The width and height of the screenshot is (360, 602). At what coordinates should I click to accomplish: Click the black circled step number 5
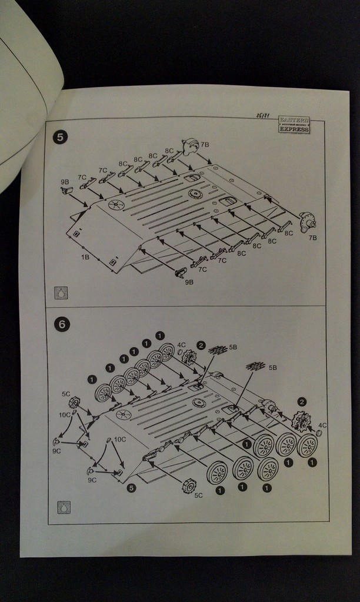(x=60, y=137)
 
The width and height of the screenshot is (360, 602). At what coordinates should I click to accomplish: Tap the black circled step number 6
(x=62, y=324)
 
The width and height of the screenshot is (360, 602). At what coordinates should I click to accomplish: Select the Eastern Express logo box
(x=294, y=125)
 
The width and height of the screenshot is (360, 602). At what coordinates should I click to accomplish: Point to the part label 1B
(x=85, y=257)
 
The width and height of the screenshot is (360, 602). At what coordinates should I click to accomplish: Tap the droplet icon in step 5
(x=61, y=292)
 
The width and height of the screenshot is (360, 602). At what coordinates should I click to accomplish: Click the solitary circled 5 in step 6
(x=131, y=487)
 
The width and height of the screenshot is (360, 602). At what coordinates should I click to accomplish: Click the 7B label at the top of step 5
(x=205, y=144)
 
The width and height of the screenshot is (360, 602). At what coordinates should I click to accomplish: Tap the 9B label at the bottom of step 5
(x=189, y=282)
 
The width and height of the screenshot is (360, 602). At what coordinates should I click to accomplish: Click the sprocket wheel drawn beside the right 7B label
(x=307, y=222)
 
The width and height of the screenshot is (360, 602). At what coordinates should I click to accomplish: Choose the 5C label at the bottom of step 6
(x=199, y=496)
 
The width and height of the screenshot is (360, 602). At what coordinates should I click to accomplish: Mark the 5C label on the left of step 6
(x=66, y=394)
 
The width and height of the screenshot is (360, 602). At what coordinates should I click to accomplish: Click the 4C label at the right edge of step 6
(x=322, y=425)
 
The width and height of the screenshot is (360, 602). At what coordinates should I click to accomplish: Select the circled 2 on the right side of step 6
(x=302, y=402)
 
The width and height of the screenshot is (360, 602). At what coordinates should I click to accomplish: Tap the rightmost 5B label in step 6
(x=272, y=367)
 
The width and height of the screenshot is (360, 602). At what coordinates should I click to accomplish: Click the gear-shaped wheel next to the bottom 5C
(x=189, y=485)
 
